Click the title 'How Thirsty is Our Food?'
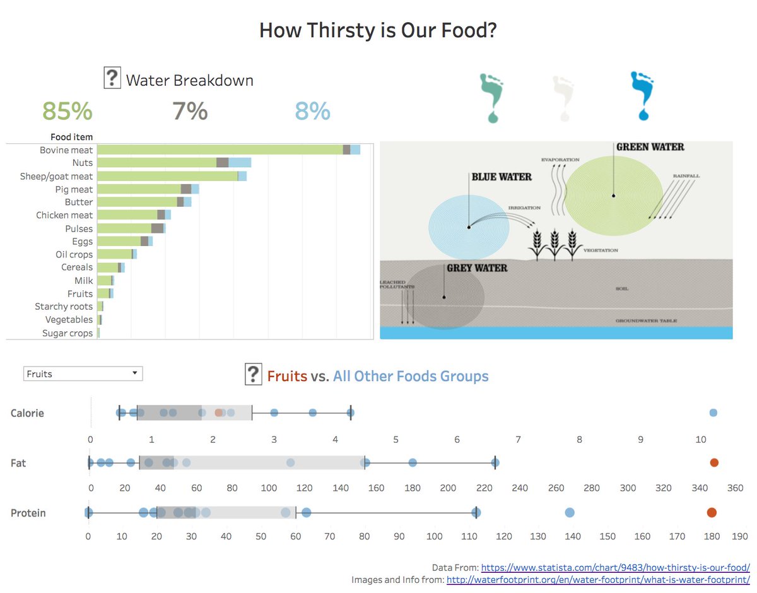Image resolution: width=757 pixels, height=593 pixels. (x=378, y=30)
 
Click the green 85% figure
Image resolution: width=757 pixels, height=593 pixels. (x=67, y=111)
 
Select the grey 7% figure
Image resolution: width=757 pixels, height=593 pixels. (x=190, y=111)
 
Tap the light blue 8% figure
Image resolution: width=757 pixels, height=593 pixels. (x=312, y=111)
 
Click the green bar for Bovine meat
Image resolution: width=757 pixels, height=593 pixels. (x=220, y=150)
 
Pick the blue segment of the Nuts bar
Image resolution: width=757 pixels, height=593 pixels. (x=240, y=163)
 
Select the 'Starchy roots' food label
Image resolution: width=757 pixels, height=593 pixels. (x=64, y=307)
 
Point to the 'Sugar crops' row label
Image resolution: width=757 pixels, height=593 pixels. (x=67, y=333)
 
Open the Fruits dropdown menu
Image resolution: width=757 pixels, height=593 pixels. (x=83, y=373)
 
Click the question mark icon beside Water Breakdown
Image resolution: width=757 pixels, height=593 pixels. (x=112, y=79)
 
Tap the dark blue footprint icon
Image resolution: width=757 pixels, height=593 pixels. (x=642, y=95)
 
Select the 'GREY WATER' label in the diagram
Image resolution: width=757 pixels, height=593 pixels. (x=477, y=268)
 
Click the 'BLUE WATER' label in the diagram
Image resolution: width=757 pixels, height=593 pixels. (x=502, y=177)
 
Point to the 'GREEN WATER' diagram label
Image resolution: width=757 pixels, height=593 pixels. (x=650, y=147)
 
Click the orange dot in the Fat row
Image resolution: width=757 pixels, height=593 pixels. (x=714, y=462)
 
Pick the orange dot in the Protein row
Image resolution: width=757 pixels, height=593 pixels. (x=712, y=512)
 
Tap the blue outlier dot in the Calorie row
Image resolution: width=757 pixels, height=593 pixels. (x=713, y=413)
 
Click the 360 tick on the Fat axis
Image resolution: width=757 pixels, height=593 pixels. (x=736, y=488)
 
